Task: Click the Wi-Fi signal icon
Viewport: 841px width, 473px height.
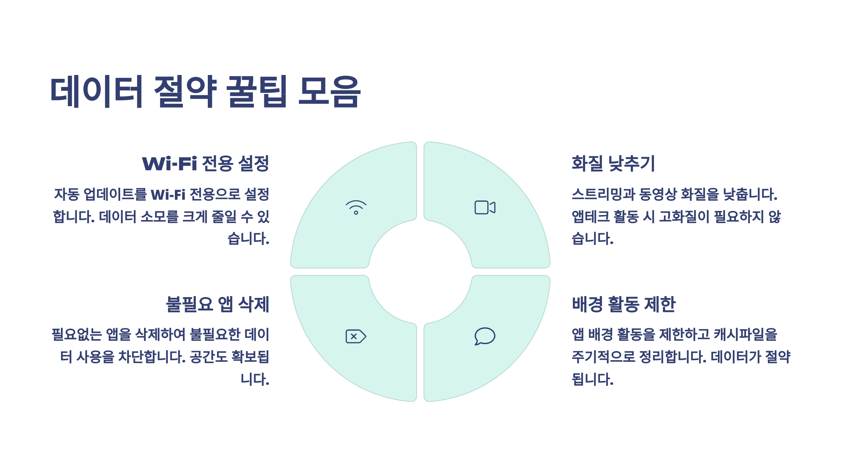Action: point(356,207)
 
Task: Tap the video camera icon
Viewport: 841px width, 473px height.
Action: point(485,207)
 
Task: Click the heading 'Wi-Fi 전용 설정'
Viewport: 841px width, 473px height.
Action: point(205,164)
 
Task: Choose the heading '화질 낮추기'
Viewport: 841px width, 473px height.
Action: point(613,164)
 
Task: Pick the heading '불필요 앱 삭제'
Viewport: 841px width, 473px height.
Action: point(217,304)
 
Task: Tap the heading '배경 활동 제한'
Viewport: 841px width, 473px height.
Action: point(623,304)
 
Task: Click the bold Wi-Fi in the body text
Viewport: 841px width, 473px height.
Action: point(168,194)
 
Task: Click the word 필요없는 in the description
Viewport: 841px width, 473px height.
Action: point(77,334)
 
